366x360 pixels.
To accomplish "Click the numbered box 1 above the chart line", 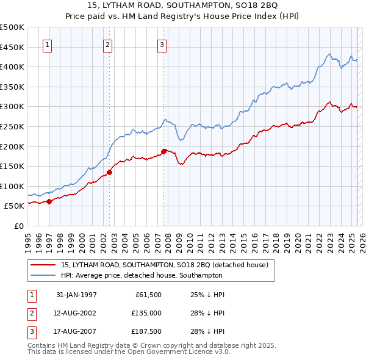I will pyautogui.click(x=48, y=43).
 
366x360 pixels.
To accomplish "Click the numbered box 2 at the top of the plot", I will pyautogui.click(x=107, y=43).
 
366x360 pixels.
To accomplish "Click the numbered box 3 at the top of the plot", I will pyautogui.click(x=162, y=43).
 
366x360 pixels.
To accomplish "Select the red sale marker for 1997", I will pyautogui.click(x=49, y=201).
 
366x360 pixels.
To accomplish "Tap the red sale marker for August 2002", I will pyautogui.click(x=109, y=172).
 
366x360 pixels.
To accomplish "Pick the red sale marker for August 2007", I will pyautogui.click(x=163, y=151).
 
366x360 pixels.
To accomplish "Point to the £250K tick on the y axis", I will pyautogui.click(x=12, y=126).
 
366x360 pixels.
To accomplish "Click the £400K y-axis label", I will pyautogui.click(x=12, y=67).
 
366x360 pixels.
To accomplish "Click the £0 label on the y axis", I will pyautogui.click(x=20, y=226).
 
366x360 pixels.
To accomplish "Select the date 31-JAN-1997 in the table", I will pyautogui.click(x=76, y=294).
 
